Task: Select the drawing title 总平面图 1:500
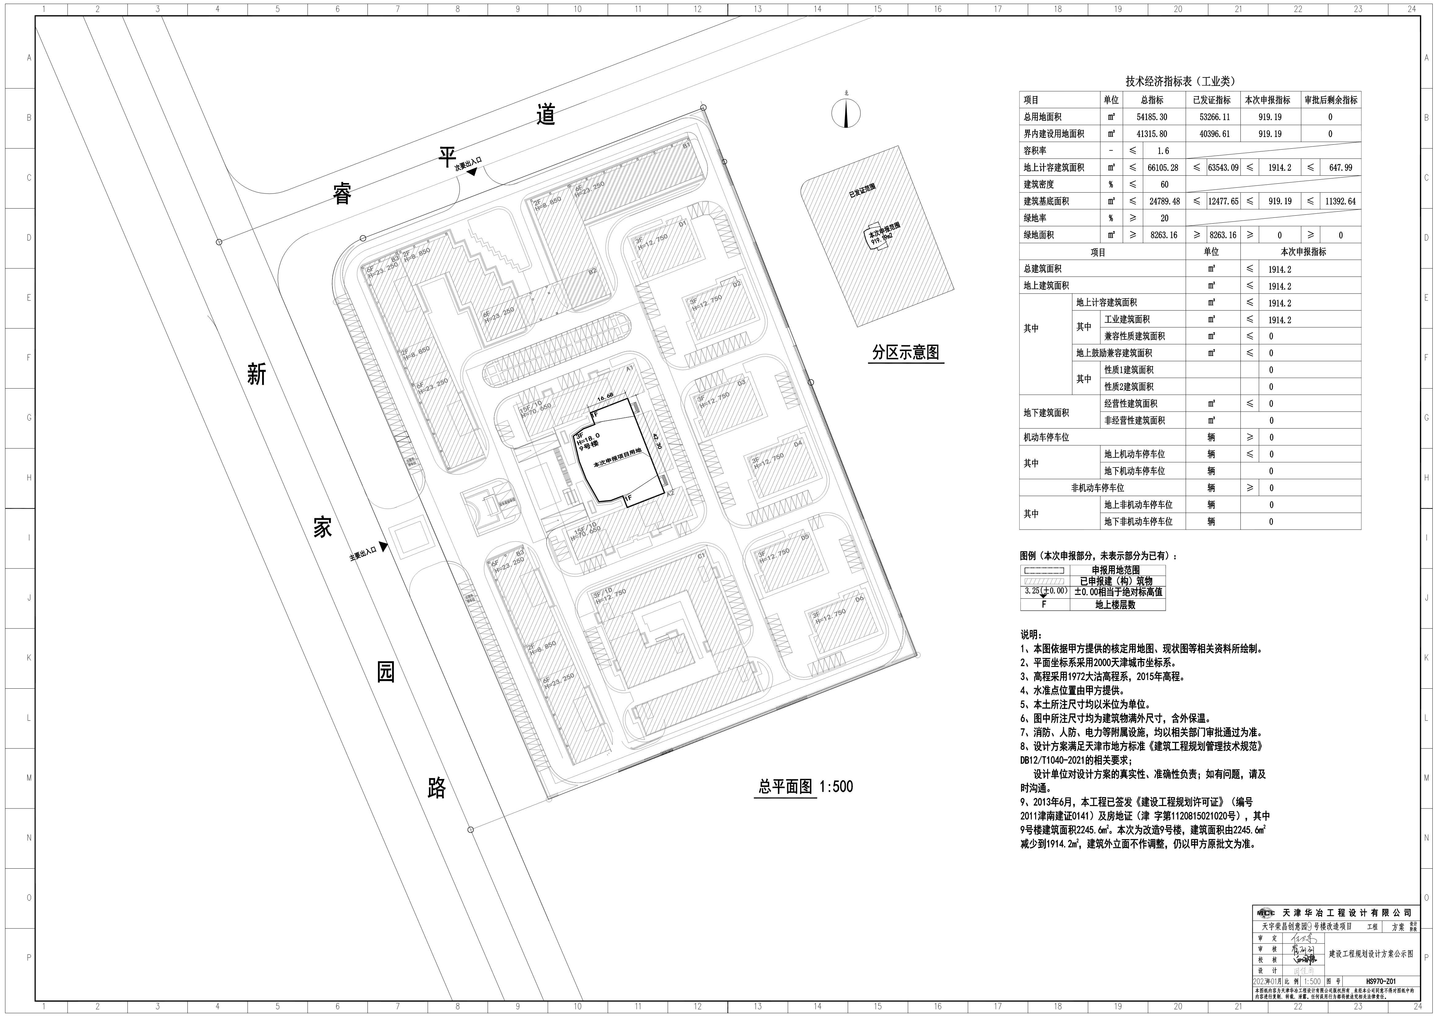coord(805,787)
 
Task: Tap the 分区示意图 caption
coord(906,353)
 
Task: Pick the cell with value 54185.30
coord(1152,117)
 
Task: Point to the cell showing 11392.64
coord(1340,201)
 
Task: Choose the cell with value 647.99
coord(1340,168)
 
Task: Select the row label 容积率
coord(1035,151)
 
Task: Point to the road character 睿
coord(342,194)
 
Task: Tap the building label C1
coord(701,555)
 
